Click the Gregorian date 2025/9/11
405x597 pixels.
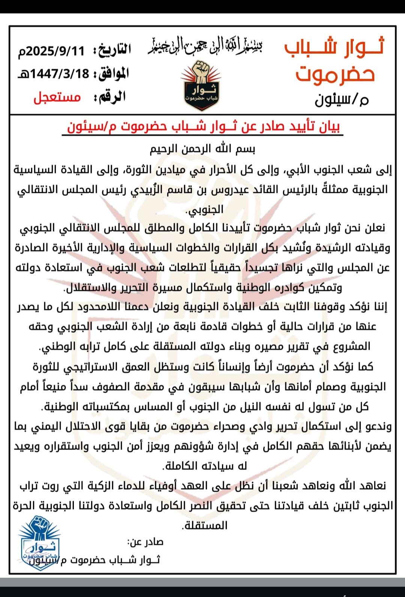pyautogui.click(x=52, y=51)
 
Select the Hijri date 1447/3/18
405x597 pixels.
pyautogui.click(x=55, y=74)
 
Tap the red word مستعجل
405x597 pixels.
pyautogui.click(x=57, y=97)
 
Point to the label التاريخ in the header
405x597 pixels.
pyautogui.click(x=112, y=50)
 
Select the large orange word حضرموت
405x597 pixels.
pyautogui.click(x=335, y=74)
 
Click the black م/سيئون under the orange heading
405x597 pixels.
pyautogui.click(x=341, y=99)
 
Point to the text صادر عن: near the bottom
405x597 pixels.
pyautogui.click(x=145, y=542)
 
